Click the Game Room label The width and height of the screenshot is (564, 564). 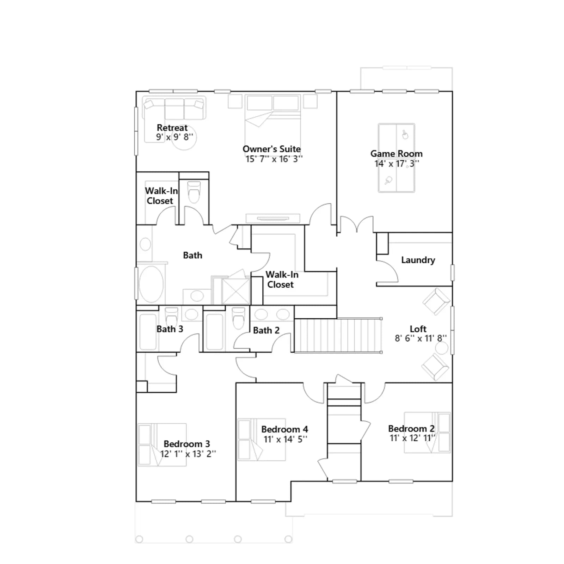[x=396, y=154]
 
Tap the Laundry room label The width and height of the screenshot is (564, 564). [x=418, y=260]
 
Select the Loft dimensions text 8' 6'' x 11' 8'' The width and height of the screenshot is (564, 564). [x=421, y=338]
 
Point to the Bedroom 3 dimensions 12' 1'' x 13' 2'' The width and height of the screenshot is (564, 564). [x=188, y=454]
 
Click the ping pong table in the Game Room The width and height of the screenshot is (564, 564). [x=396, y=158]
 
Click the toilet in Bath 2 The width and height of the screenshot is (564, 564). [x=239, y=317]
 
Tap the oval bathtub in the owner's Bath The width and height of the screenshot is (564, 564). [x=151, y=284]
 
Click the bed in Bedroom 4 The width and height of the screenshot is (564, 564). [x=262, y=440]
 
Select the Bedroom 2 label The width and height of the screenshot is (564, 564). [x=411, y=429]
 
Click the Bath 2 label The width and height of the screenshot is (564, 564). [x=266, y=330]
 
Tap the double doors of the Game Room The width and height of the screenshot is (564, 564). [x=357, y=225]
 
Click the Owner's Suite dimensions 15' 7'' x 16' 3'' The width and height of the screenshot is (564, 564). [x=274, y=159]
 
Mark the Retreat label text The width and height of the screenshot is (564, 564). [x=172, y=128]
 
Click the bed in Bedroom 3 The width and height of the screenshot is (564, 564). [x=162, y=445]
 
